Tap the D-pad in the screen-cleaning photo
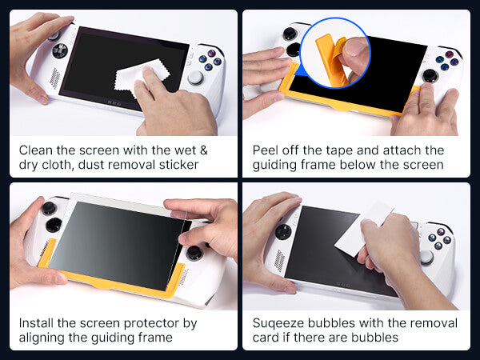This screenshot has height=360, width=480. pyautogui.click(x=60, y=50)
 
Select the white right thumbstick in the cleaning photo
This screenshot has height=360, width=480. pyautogui.click(x=195, y=78)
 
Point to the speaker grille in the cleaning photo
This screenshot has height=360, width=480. pyautogui.click(x=55, y=78)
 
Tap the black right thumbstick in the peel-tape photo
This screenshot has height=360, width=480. pyautogui.click(x=430, y=75)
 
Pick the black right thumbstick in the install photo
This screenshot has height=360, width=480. pyautogui.click(x=194, y=253)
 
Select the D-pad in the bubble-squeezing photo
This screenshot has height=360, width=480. pyautogui.click(x=283, y=231)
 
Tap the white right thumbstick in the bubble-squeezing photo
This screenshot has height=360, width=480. pyautogui.click(x=427, y=257)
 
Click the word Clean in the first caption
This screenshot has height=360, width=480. pyautogui.click(x=36, y=150)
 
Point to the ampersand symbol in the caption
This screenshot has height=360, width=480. pyautogui.click(x=204, y=150)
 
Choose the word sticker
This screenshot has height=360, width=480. pyautogui.click(x=178, y=165)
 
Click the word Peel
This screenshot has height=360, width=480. pyautogui.click(x=266, y=150)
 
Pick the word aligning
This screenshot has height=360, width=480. pyautogui.click(x=42, y=338)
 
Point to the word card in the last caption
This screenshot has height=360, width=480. pyautogui.click(x=266, y=338)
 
